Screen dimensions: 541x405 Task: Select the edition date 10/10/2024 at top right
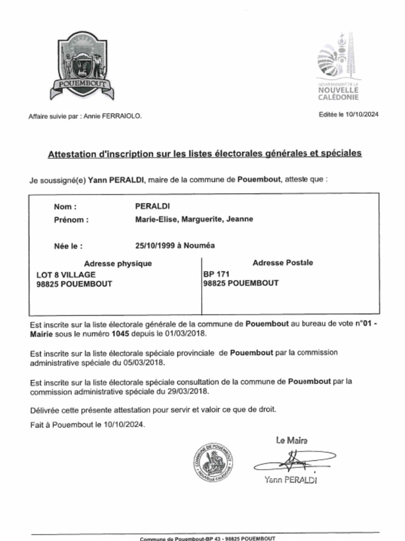pos(362,114)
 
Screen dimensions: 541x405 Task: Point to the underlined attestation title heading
pos(205,154)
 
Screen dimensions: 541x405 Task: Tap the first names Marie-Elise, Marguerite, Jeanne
pos(194,219)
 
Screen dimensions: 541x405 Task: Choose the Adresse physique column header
pos(118,264)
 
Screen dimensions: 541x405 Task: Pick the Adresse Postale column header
pos(283,263)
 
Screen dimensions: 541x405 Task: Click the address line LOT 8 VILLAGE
pos(65,275)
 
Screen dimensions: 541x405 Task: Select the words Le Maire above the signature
pos(291,440)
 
